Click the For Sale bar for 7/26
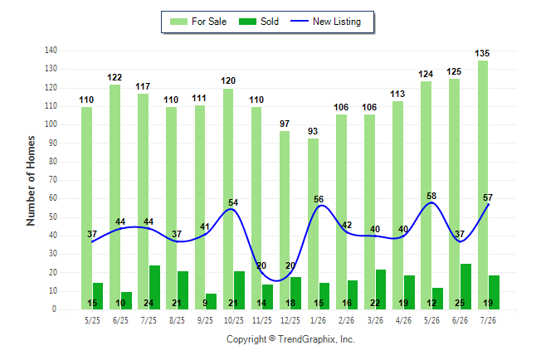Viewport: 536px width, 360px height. [483, 185]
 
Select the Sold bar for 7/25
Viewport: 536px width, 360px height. [154, 288]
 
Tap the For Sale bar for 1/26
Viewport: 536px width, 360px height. [313, 224]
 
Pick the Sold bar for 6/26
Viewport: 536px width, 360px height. [465, 286]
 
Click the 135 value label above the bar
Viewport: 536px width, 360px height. [482, 53]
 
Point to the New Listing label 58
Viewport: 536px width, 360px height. [431, 196]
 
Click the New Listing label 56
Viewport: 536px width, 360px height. [319, 199]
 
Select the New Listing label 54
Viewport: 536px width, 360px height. [233, 202]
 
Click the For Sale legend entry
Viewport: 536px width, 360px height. [198, 22]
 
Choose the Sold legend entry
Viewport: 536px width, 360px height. [259, 22]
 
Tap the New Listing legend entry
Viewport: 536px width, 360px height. [326, 22]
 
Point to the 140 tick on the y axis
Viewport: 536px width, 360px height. [51, 51]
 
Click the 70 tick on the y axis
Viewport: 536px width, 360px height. [52, 180]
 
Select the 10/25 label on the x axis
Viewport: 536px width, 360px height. [234, 320]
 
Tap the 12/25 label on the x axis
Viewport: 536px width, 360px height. [290, 320]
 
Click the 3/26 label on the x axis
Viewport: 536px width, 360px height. [375, 320]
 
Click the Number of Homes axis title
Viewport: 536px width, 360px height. [31, 181]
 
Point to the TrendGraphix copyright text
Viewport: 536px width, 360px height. [290, 339]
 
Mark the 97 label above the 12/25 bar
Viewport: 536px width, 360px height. [285, 124]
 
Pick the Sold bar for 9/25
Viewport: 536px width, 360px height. [211, 302]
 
